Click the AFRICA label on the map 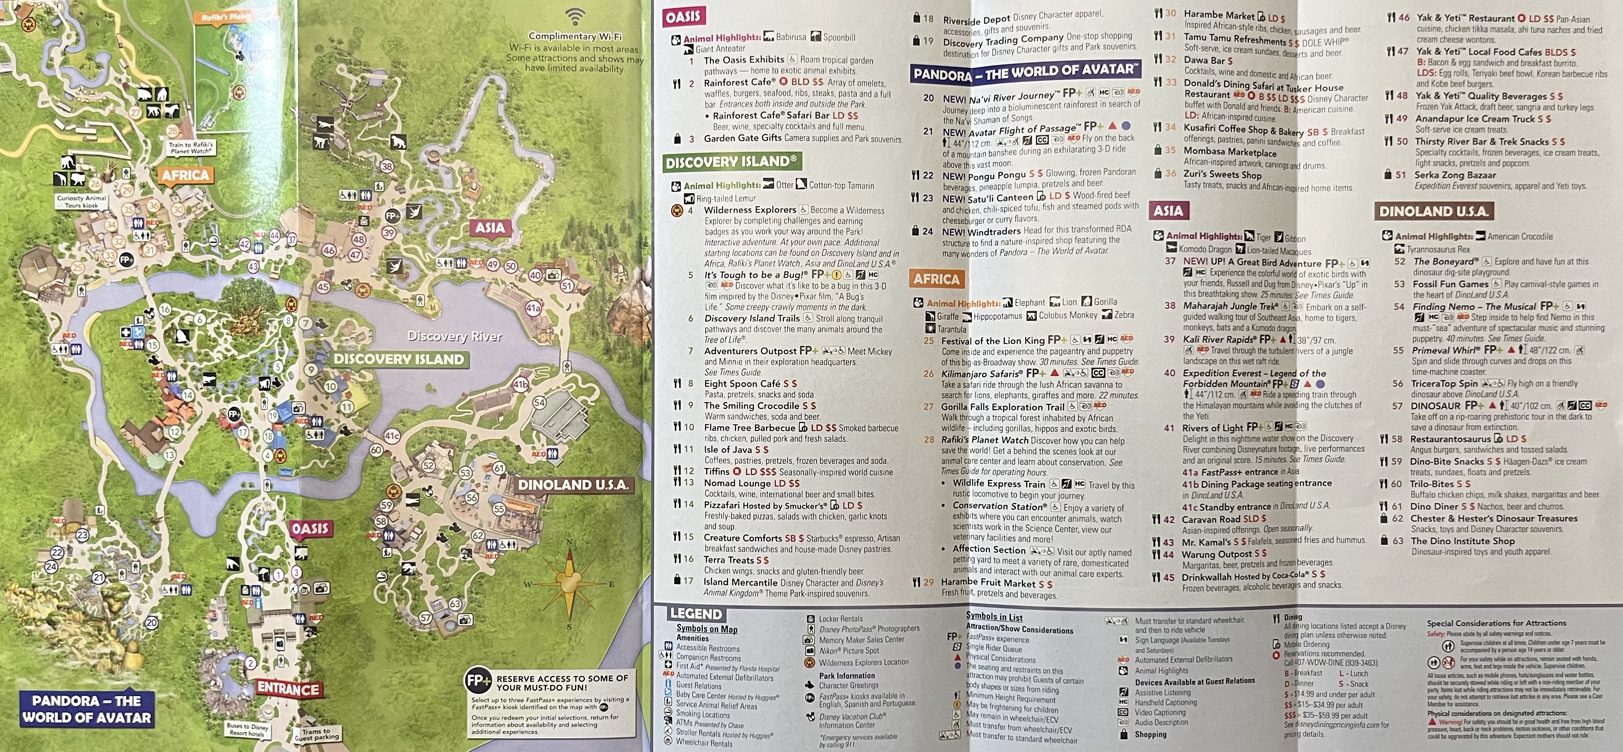tap(185, 175)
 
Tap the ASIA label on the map tap(490, 227)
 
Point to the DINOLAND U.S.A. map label tap(573, 485)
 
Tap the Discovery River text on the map tap(454, 336)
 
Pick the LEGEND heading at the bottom tap(696, 614)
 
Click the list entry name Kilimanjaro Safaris tap(982, 373)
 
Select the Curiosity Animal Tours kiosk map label tap(81, 201)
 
